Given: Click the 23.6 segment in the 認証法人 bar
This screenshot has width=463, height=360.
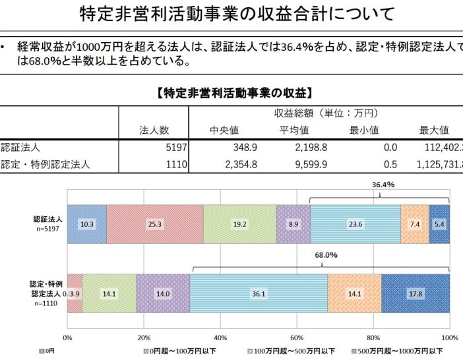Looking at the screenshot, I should click(x=355, y=224).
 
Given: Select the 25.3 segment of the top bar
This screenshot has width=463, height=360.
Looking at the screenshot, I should click(x=155, y=224).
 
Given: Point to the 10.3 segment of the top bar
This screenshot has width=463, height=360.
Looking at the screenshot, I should click(x=86, y=224).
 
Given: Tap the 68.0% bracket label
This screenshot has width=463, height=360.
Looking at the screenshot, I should click(x=325, y=254).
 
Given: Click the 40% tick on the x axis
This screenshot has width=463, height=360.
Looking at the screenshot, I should click(x=220, y=338).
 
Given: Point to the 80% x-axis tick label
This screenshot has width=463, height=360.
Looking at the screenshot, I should click(x=374, y=338).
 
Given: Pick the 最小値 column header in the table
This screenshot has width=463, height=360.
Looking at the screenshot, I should click(x=364, y=129).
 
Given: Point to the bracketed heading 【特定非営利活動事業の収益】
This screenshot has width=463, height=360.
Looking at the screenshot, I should click(x=235, y=92).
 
